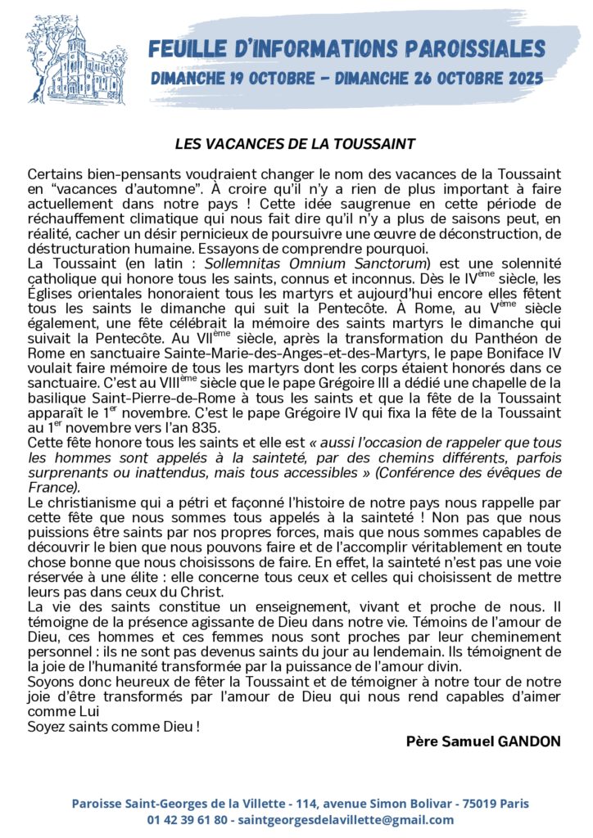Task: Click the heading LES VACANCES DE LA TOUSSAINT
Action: click(x=296, y=144)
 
